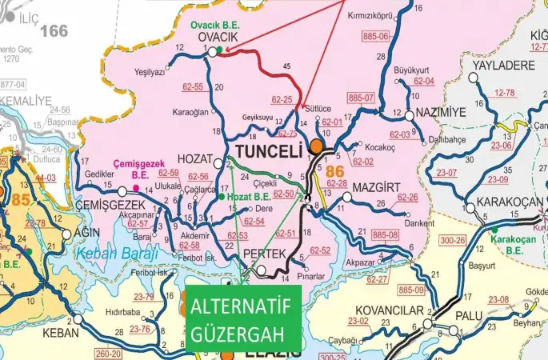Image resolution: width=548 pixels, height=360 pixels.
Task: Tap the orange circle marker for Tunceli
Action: [x=318, y=146]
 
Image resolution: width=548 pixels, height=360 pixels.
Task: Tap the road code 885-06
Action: [x=376, y=37]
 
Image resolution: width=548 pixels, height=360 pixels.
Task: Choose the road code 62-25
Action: [x=282, y=100]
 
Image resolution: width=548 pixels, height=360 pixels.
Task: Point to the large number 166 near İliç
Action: [x=54, y=31]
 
